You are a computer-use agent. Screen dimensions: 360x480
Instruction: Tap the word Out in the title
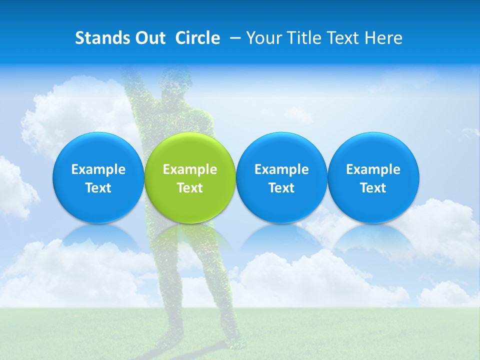(x=148, y=38)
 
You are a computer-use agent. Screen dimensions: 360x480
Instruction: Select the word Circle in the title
(x=197, y=38)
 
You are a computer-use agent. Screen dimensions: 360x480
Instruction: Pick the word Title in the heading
(x=301, y=38)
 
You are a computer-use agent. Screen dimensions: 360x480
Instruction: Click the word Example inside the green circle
(x=190, y=169)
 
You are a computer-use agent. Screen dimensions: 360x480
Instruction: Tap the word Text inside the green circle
(x=190, y=188)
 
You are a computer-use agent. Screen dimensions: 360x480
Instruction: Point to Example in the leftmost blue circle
(x=98, y=169)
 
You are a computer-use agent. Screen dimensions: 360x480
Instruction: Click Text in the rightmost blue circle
(x=373, y=188)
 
